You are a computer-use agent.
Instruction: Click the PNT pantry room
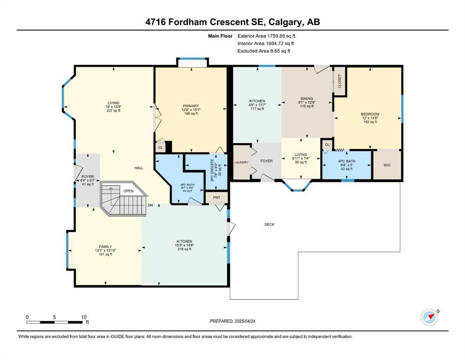tap(216, 197)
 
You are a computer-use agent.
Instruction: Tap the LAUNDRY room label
tap(241, 162)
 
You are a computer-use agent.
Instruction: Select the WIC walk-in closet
tap(387, 165)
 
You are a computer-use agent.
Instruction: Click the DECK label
tap(269, 225)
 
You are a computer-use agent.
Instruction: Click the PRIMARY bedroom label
tap(191, 110)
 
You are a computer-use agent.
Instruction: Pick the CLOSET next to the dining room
tap(340, 81)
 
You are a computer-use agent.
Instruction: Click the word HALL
tap(139, 168)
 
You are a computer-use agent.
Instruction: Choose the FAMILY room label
tap(105, 250)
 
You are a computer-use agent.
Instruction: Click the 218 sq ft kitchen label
tap(185, 245)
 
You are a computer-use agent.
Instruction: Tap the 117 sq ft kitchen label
tap(257, 105)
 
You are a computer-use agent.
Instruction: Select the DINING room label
tap(307, 102)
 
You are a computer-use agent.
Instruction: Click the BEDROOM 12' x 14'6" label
tap(370, 118)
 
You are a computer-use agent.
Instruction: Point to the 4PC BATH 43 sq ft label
tap(347, 165)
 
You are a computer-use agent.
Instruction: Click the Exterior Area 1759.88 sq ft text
tap(266, 36)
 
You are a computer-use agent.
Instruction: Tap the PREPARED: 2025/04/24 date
tap(232, 321)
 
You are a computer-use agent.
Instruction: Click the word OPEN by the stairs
tap(128, 191)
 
